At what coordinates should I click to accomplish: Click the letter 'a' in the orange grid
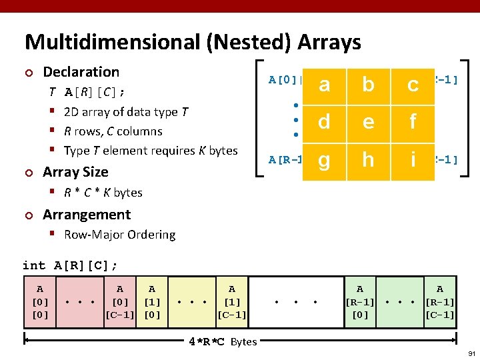click(x=324, y=85)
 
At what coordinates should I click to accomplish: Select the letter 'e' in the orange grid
click(x=367, y=123)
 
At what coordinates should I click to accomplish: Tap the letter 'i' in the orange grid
click(x=413, y=161)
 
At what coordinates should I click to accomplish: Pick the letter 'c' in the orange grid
click(x=413, y=85)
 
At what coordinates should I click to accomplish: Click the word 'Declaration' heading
click(x=81, y=72)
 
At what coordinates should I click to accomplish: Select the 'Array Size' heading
click(x=75, y=172)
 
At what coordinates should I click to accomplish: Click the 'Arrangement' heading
click(x=87, y=215)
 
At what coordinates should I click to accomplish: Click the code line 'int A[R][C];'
click(x=70, y=265)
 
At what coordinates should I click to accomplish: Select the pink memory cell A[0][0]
click(x=40, y=302)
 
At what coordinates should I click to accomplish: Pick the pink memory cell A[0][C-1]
click(x=120, y=302)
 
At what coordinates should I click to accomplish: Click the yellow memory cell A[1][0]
click(x=152, y=302)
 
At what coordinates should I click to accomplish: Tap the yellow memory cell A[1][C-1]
click(x=231, y=302)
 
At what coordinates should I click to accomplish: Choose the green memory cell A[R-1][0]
click(x=360, y=302)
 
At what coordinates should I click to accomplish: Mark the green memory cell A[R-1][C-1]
click(x=439, y=302)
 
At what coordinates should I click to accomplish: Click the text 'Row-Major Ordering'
click(x=119, y=235)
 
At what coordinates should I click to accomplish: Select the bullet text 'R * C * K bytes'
click(x=103, y=193)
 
